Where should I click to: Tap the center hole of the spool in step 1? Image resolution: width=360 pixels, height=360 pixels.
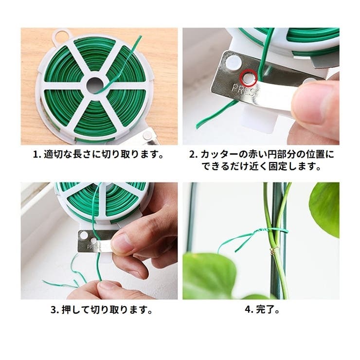coord(95,85)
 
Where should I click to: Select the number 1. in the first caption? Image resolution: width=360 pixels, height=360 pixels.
coord(37,155)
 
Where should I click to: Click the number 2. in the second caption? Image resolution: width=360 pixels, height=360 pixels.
coord(194,155)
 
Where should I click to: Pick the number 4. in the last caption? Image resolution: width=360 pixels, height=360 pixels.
coord(249,310)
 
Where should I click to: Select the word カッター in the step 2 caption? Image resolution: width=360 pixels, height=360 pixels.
coord(219,155)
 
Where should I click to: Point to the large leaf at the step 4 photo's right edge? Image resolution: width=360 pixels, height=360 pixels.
coord(324,209)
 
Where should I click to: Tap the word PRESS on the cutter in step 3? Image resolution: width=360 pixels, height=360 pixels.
coord(96,247)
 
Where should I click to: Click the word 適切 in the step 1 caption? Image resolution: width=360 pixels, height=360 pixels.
coord(53,155)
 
